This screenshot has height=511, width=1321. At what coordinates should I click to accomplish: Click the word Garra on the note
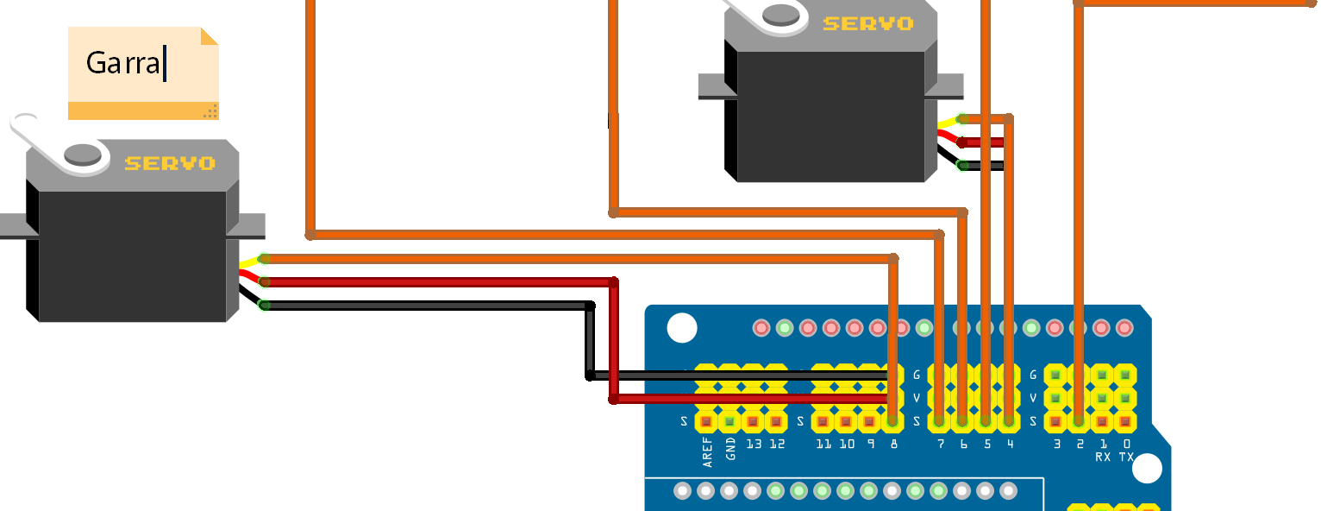[x=123, y=63]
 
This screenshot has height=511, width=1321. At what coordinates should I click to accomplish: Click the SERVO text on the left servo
[x=170, y=163]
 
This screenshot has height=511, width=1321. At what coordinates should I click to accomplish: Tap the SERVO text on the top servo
[x=867, y=24]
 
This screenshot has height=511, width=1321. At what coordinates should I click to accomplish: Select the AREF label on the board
[x=708, y=452]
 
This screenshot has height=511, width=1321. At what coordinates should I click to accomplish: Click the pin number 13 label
[x=754, y=444]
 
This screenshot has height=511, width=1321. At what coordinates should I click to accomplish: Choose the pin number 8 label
[x=893, y=444]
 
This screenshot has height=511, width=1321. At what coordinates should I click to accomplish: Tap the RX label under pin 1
[x=1103, y=457]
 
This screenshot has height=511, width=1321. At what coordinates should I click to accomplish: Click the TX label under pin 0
[x=1126, y=457]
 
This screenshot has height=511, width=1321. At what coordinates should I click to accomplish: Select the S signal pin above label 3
[x=1055, y=421]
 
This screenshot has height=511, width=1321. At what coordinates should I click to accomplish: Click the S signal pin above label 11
[x=823, y=421]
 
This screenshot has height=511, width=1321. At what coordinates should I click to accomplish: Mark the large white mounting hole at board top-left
[x=681, y=328]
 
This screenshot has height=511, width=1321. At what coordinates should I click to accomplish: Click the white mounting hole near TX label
[x=1147, y=468]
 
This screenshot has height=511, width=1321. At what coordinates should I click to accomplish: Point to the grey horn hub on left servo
[x=84, y=154]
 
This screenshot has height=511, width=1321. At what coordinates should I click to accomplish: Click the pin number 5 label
[x=986, y=444]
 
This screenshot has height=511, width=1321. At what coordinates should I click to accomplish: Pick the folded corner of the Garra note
[x=210, y=35]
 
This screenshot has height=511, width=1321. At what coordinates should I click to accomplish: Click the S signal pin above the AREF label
[x=706, y=421]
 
